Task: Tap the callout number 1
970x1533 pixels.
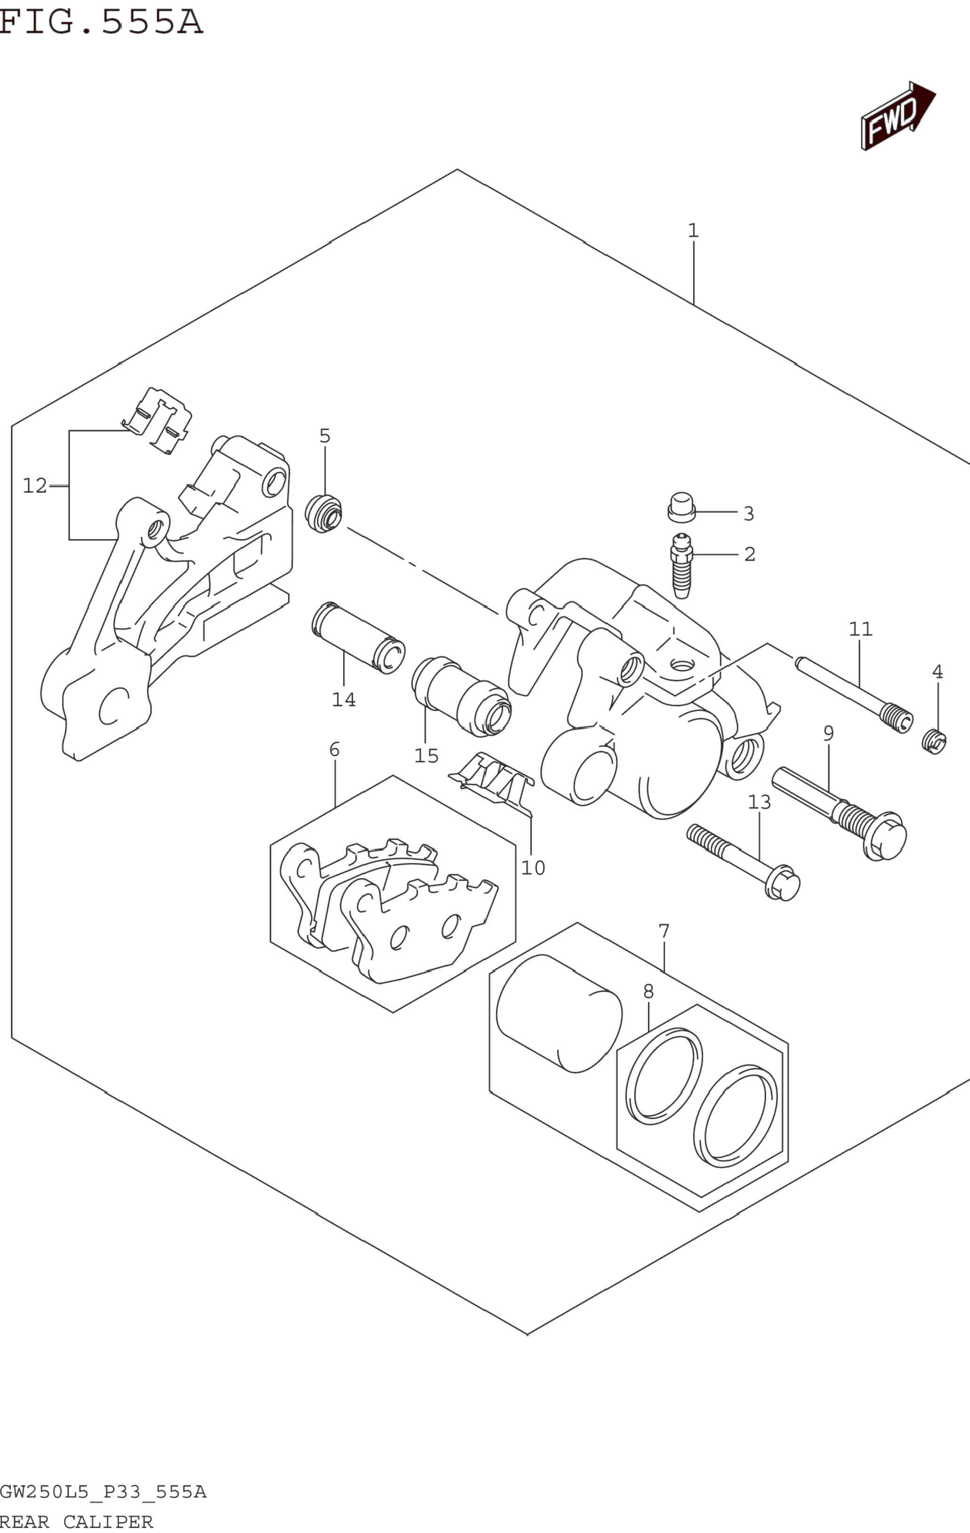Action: (x=693, y=231)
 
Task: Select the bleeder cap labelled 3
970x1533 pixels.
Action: (x=681, y=506)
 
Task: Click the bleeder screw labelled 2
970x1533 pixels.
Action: (x=682, y=565)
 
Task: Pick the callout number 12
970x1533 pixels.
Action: (x=35, y=486)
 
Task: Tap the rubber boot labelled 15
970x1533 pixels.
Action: (x=461, y=697)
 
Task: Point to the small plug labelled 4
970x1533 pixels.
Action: (x=934, y=742)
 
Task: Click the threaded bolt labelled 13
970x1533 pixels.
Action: (x=744, y=861)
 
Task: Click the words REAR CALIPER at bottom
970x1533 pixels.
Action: (x=76, y=1522)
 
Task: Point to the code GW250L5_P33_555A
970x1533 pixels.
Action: (x=103, y=1492)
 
